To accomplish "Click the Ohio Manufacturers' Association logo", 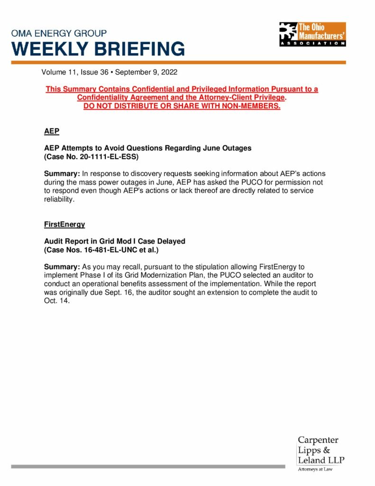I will [x=312, y=34].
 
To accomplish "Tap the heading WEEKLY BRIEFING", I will [x=98, y=49].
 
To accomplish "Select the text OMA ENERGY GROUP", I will [x=59, y=34].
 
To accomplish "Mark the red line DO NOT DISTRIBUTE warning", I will [x=182, y=106].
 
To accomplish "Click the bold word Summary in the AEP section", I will [x=62, y=174].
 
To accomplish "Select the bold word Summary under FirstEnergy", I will [x=62, y=267].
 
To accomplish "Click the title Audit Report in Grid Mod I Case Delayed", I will [x=115, y=241].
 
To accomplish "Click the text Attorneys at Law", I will [x=315, y=469].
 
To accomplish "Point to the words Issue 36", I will [x=94, y=73].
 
